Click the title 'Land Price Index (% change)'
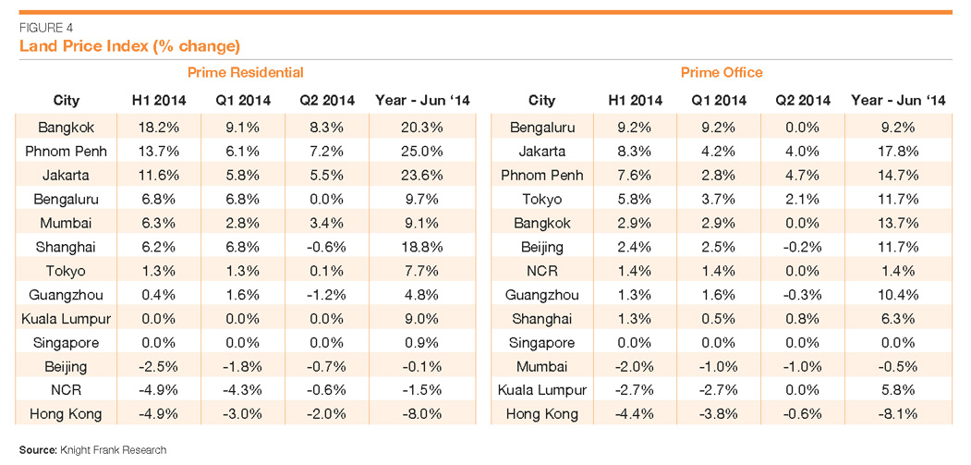tap(129, 45)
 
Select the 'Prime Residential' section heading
tap(245, 72)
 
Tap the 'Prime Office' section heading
tap(722, 72)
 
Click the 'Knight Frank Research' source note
tap(91, 450)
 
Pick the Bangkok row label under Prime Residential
tap(67, 127)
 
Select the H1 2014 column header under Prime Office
tap(635, 100)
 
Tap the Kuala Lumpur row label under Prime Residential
tap(67, 318)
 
